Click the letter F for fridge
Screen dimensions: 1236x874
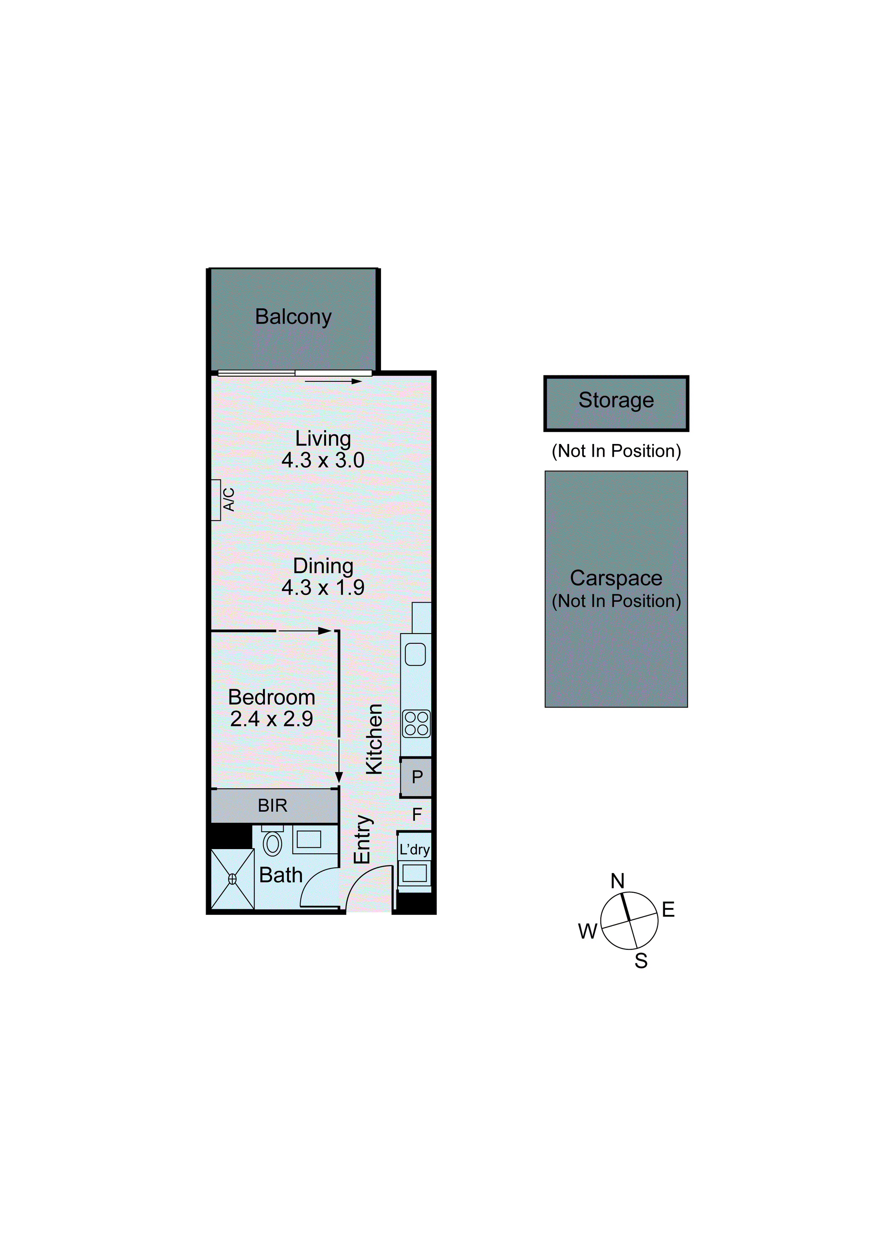point(417,815)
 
